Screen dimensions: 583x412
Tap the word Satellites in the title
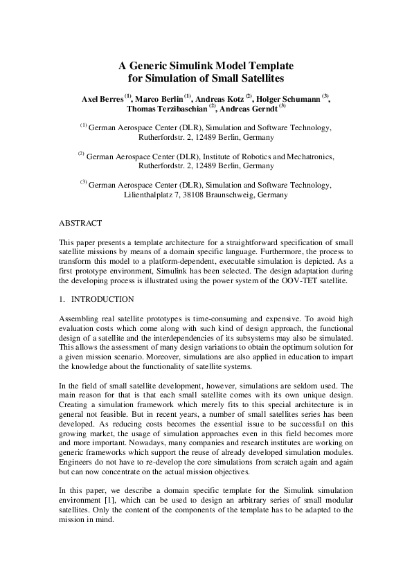[x=259, y=78]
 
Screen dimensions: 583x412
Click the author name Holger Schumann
[x=288, y=100]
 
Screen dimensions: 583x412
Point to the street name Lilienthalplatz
[x=150, y=196]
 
